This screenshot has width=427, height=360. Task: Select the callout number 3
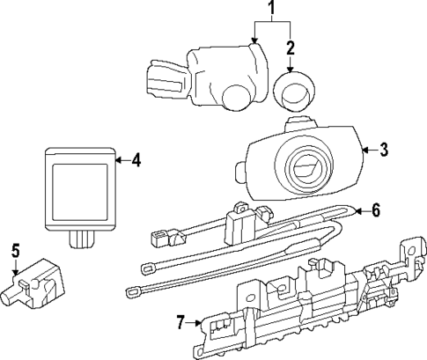click(x=382, y=151)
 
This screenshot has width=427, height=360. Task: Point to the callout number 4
click(x=136, y=160)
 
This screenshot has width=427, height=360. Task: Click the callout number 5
click(x=15, y=250)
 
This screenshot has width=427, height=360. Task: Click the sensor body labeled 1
click(x=220, y=75)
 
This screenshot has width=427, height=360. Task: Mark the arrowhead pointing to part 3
click(x=365, y=151)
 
